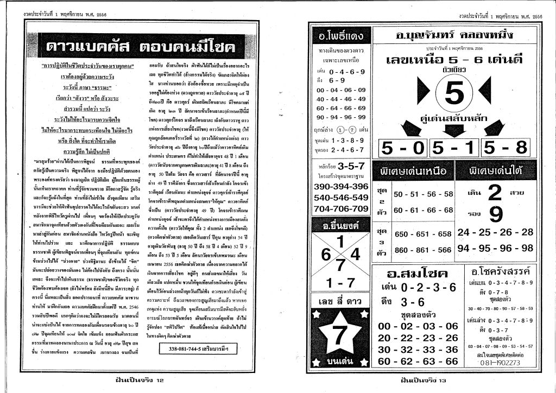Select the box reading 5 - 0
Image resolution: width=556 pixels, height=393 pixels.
coord(403,148)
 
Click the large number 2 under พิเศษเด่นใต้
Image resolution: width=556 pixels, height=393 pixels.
coord(494,193)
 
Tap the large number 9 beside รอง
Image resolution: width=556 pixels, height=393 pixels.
coord(495,215)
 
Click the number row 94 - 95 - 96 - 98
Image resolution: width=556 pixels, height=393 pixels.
coord(495,248)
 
